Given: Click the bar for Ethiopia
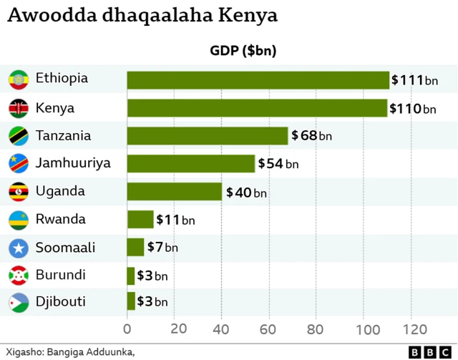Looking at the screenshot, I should [258, 80].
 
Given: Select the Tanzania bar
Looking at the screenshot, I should [208, 136].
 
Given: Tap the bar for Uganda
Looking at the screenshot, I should [175, 192].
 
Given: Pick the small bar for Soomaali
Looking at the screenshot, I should [135, 248].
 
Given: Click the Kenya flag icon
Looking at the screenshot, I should [18, 108].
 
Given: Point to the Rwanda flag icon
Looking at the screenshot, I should [18, 220].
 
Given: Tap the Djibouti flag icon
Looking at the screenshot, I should [18, 303].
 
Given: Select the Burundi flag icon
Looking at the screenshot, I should [18, 275].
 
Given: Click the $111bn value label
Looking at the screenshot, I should [414, 80].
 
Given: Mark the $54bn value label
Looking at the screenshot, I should [278, 164].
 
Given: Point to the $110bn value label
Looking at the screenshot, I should [413, 108].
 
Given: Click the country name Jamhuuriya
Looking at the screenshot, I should [73, 163].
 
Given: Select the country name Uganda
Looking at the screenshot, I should [60, 191].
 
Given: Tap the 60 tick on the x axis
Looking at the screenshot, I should [268, 329].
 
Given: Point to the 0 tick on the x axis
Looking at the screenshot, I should [127, 329].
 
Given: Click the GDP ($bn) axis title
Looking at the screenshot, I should [243, 51].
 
